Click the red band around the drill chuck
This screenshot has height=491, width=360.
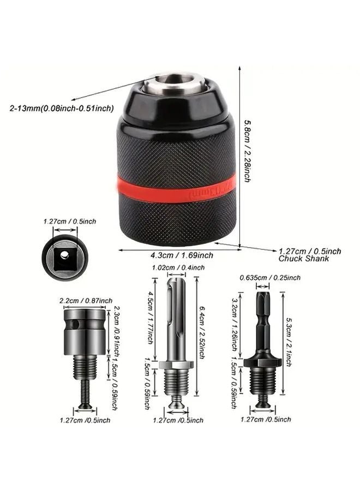[x=175, y=188]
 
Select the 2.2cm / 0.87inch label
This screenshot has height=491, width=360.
[x=86, y=301]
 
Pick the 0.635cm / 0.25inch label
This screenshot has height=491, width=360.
[x=271, y=278]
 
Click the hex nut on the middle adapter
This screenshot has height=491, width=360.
[x=177, y=363]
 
